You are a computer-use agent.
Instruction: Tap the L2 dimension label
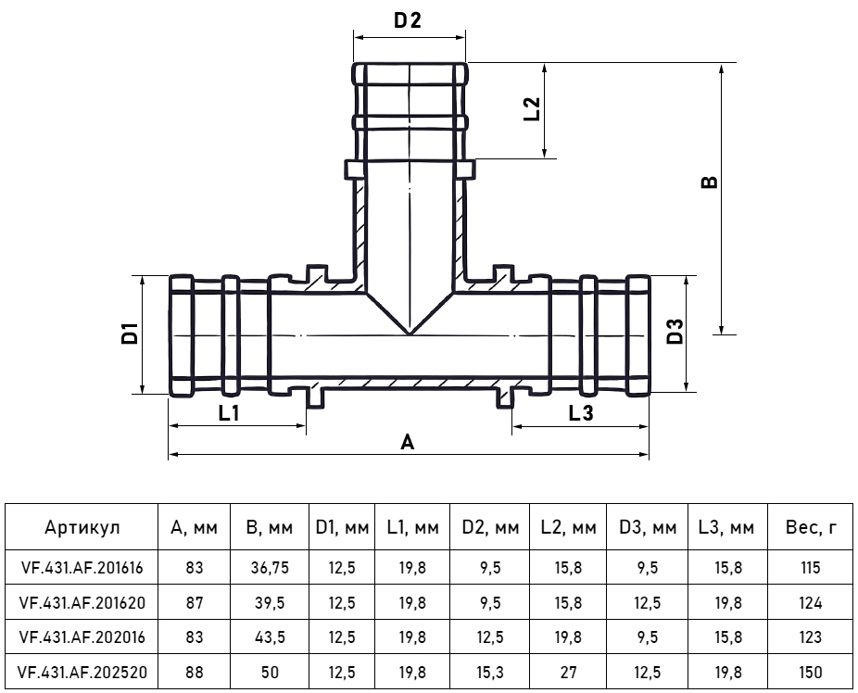coord(532,108)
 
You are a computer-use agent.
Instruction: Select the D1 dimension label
coord(130,334)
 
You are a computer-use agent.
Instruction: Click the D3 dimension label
coord(675,332)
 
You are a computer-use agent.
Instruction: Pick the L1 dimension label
coord(229,413)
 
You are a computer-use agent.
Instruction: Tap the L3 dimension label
coord(580,413)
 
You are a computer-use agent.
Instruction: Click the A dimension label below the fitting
coord(407,443)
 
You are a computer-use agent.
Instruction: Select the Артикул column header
coord(82,528)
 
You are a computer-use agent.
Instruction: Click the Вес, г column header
coord(810,528)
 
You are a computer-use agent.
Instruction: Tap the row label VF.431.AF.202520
coord(82,674)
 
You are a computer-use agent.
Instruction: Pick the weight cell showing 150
coord(810,674)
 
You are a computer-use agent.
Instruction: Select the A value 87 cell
coord(194,603)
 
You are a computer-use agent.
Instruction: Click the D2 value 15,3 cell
coord(489,674)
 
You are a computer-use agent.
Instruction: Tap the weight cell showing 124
coord(810,603)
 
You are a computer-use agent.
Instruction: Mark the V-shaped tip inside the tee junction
coord(409,332)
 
